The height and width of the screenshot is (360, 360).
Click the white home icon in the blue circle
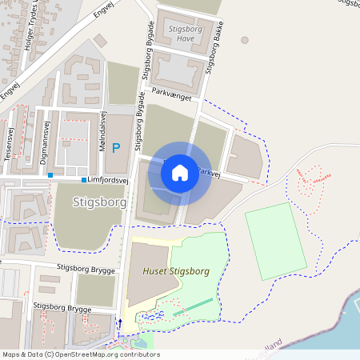pos(180,173)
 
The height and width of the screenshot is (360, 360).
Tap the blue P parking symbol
pos(117,148)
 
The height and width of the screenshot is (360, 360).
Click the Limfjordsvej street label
pos(108,180)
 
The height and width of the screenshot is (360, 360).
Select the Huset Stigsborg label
pos(175,271)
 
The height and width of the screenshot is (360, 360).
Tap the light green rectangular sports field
pos(276,241)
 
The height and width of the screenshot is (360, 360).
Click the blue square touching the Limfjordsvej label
pos(84,180)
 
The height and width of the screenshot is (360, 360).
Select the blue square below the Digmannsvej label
pos(50,174)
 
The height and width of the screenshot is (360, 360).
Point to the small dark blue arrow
pos(121,323)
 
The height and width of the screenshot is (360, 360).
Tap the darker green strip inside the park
pos(193,307)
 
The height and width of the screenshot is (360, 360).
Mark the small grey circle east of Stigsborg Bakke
pos(245,39)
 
